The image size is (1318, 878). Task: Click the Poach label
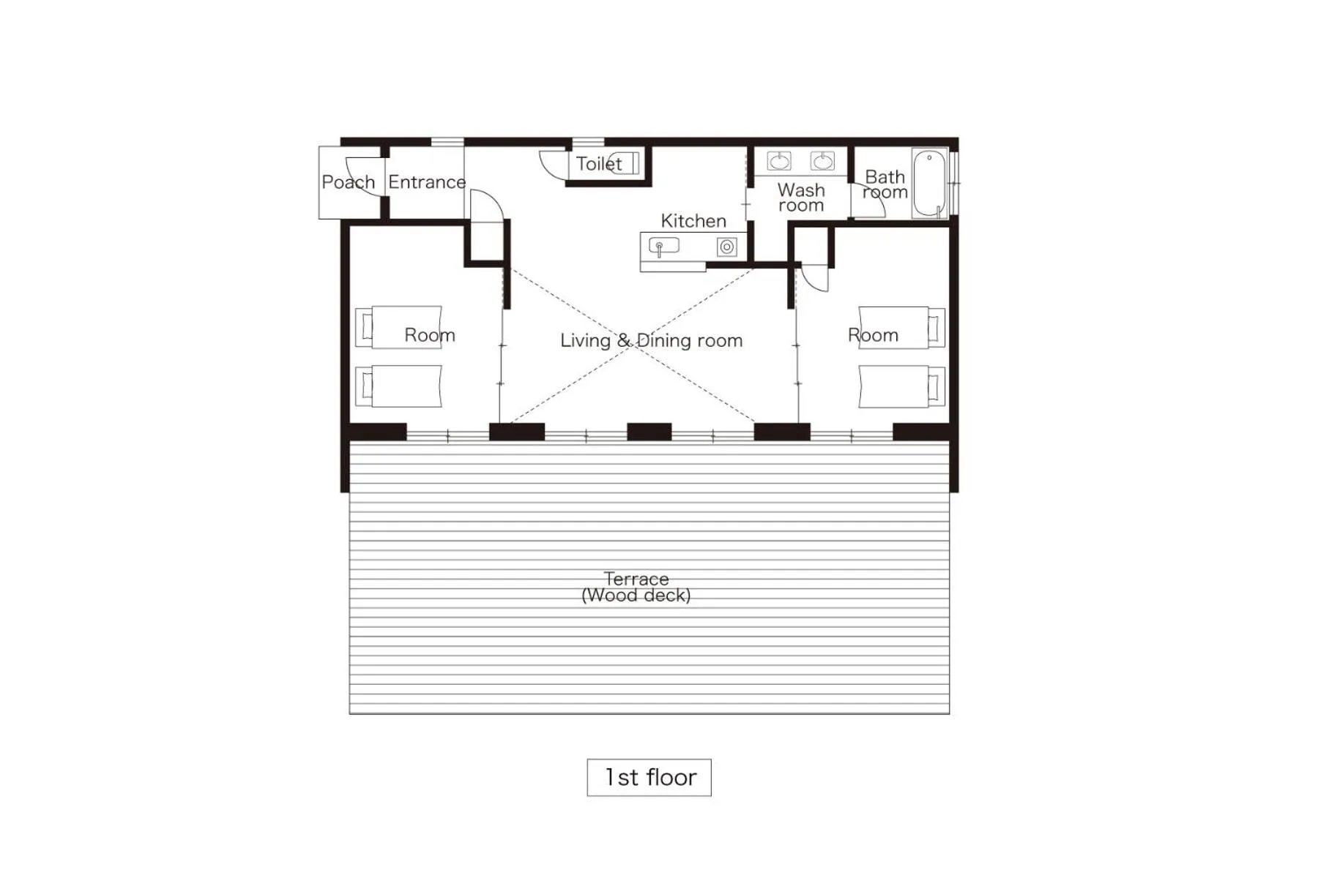coord(348,182)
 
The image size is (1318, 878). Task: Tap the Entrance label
coord(426,182)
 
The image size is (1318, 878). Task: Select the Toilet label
coord(598,164)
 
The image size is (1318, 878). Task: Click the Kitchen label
coord(693,221)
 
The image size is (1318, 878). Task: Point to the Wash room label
coord(800,198)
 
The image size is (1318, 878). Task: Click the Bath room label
coord(885,184)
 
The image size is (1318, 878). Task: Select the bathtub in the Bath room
coord(929,183)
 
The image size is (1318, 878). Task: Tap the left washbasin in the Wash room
coord(779,160)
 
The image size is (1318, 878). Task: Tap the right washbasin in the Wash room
coord(822,160)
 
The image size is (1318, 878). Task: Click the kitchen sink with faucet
coord(663,246)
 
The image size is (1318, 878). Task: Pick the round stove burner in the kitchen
coord(726,247)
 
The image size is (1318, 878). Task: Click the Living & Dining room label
coord(651,340)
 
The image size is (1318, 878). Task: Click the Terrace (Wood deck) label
coord(636,588)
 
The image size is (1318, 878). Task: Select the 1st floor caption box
coord(649,777)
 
